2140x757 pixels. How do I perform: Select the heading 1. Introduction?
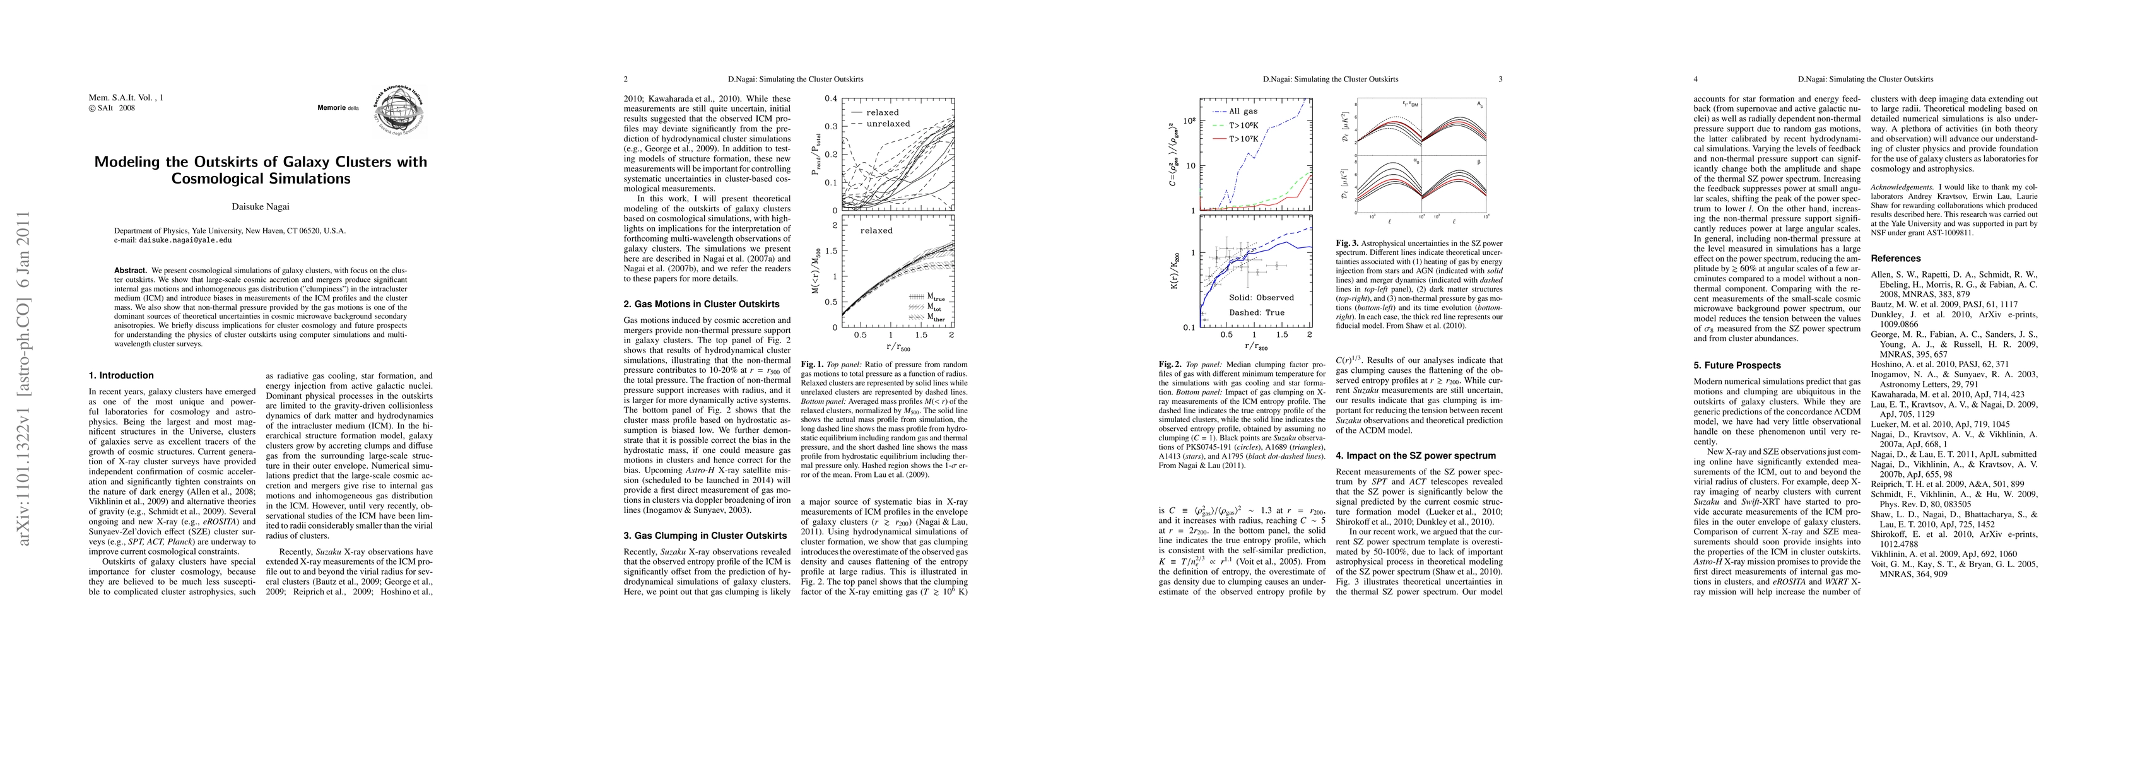tap(121, 375)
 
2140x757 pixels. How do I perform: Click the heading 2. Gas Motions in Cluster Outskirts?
tap(701, 304)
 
